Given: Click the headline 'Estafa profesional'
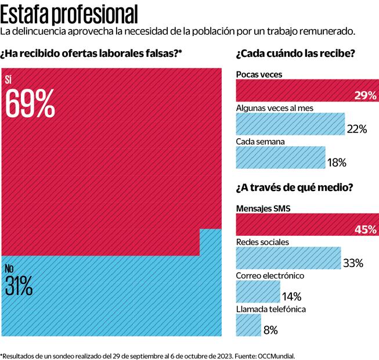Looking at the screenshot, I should (70, 13).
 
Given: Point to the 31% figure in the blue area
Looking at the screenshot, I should (19, 286).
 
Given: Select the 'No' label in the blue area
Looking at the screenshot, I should (9, 268).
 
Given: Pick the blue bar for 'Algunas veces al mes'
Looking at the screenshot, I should (290, 124).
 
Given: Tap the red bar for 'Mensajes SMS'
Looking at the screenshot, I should (306, 225).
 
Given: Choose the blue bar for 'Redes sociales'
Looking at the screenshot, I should (288, 258).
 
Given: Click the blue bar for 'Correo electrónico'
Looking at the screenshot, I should (258, 291).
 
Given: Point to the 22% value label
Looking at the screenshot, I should (356, 129).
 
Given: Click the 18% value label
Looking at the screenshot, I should (337, 163).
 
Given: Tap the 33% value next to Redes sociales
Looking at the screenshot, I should (353, 263).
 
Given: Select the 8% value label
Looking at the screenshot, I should (271, 330).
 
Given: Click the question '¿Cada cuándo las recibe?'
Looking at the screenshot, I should (295, 55).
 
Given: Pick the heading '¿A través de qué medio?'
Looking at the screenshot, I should (294, 188).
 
